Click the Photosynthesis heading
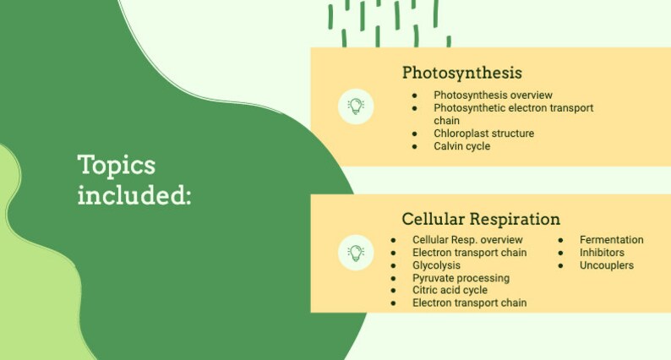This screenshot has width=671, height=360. [461, 73]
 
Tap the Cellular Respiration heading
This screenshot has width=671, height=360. [480, 219]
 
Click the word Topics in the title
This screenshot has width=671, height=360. [116, 164]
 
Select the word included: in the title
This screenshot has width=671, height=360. [134, 195]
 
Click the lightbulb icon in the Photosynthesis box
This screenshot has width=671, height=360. [356, 106]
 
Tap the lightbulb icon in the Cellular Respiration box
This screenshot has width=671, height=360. [356, 253]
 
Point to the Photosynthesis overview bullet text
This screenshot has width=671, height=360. [493, 95]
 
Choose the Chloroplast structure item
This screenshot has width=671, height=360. [483, 134]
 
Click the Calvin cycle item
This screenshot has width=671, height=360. [461, 146]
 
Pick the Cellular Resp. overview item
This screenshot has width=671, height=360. [467, 240]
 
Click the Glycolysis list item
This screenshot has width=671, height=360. [436, 265]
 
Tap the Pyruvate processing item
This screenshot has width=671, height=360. [461, 278]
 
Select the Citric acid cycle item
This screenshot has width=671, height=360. [450, 290]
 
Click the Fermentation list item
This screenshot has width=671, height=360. [611, 240]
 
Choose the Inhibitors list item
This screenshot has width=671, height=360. [602, 253]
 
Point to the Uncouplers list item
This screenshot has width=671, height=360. [606, 265]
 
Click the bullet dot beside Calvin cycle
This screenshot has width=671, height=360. [414, 147]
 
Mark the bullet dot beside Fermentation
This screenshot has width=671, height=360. [560, 241]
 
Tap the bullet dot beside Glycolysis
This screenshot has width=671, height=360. [393, 265]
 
